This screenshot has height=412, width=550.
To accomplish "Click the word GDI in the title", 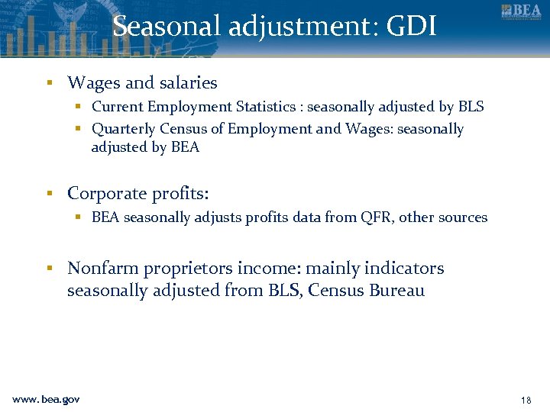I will pyautogui.click(x=412, y=27).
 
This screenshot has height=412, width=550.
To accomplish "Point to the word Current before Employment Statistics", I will pyautogui.click(x=118, y=107).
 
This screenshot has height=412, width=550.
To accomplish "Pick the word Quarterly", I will pyautogui.click(x=123, y=129).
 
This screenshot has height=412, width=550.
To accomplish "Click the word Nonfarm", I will pyautogui.click(x=100, y=269).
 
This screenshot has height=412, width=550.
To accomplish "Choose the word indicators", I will pyautogui.click(x=404, y=269).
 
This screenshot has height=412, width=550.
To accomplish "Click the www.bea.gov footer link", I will pyautogui.click(x=46, y=399).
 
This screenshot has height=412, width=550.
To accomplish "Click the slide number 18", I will pyautogui.click(x=525, y=400).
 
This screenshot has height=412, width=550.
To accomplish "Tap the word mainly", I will pyautogui.click(x=333, y=269).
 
